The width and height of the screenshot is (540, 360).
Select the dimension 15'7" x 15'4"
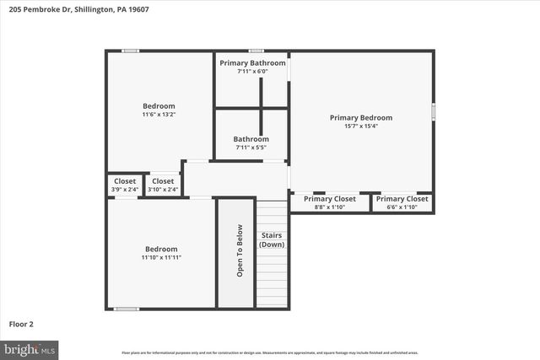(x=360, y=126)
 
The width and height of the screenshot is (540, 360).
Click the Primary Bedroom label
(x=360, y=118)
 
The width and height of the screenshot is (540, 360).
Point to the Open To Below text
(x=240, y=250)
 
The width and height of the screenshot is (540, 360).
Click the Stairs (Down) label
(x=272, y=239)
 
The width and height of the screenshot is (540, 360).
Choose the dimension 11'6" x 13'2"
(x=159, y=115)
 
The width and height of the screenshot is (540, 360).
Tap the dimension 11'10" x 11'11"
(x=161, y=258)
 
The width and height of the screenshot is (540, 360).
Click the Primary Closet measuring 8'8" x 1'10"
(x=329, y=202)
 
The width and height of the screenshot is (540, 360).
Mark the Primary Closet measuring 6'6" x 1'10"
(x=402, y=202)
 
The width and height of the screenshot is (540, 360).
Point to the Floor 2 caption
(x=21, y=323)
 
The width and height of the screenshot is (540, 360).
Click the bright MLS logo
(x=30, y=347)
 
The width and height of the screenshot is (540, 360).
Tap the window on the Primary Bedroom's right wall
(x=434, y=112)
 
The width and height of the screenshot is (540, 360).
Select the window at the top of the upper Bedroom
(x=131, y=51)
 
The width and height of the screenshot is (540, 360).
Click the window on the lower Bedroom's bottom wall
(x=127, y=309)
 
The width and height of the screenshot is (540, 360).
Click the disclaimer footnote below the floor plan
(x=270, y=352)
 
